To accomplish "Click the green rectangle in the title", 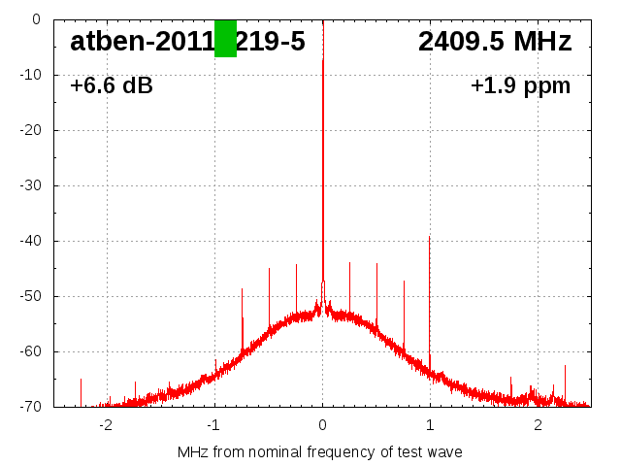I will (x=225, y=38).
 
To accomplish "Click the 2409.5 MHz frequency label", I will (x=495, y=42).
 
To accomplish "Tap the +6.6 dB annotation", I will (x=112, y=86).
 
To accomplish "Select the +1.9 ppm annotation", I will (x=521, y=86).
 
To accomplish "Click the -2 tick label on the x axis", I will (x=106, y=425).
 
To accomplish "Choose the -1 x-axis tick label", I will (x=213, y=425).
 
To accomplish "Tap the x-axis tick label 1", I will (x=430, y=425).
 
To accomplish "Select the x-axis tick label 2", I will (x=538, y=425).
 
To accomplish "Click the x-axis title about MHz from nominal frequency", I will (x=320, y=452).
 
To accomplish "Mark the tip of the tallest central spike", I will (x=323, y=58).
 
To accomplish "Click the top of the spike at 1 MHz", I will (x=429, y=236).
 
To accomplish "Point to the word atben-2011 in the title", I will (x=141, y=42).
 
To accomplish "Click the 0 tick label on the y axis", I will (x=36, y=19).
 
